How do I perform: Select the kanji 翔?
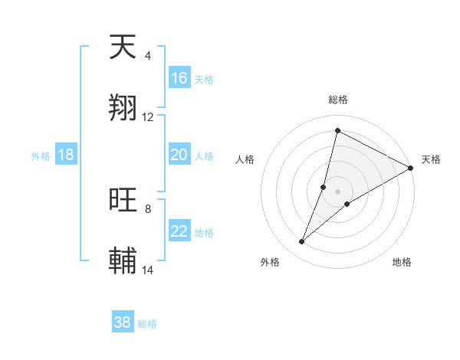coord(123,107)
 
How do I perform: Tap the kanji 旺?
coord(123,200)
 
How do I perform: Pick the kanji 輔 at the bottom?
coord(123,260)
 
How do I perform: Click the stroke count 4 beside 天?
coord(147,56)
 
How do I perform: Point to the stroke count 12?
coord(148,117)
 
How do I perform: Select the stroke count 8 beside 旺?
coord(147,208)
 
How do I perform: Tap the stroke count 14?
coord(148,270)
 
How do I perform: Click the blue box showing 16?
coord(179,78)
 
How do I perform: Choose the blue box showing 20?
coord(179,155)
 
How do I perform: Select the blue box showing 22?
coord(179,231)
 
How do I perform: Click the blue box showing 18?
coord(66,155)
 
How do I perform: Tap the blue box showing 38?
coord(123,322)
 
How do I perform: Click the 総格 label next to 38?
coord(147,324)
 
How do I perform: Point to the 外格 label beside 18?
coord(41,155)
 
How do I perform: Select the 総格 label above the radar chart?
coord(338,100)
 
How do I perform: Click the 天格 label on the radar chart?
coord(431,159)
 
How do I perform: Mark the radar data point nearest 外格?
coord(302,242)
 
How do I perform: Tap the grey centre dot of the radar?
coord(338,191)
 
